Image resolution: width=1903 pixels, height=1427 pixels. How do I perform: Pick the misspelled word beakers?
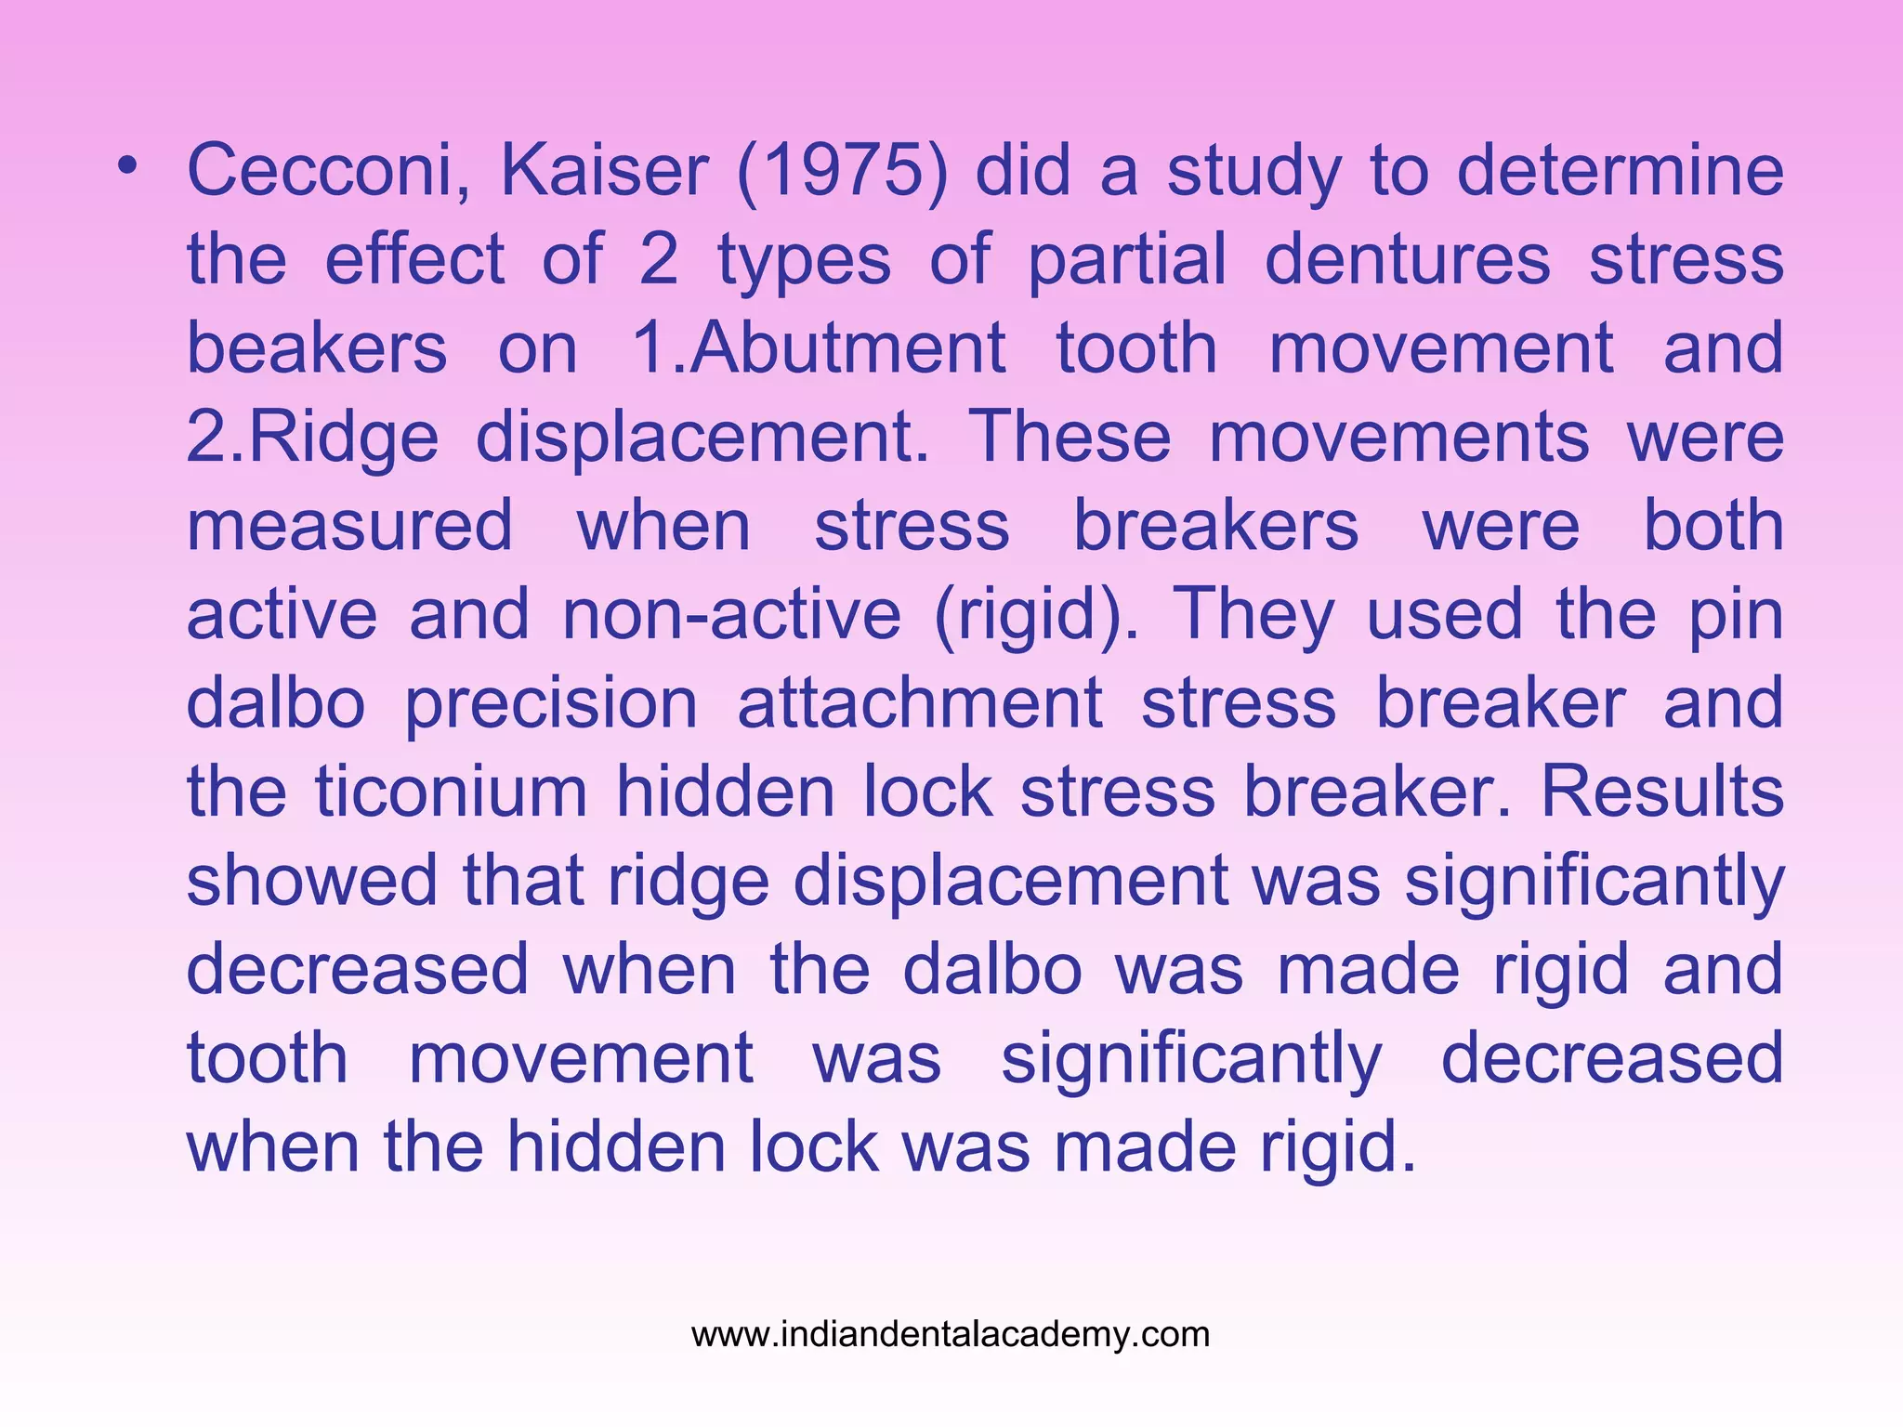click(317, 347)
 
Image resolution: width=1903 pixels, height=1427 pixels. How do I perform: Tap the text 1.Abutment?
click(818, 347)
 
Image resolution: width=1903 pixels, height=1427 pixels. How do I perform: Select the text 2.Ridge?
click(312, 437)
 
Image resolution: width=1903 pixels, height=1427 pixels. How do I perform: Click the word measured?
click(349, 525)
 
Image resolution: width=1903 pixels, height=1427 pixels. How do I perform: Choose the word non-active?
click(731, 614)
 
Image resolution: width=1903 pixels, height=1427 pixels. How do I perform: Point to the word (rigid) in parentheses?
click(1035, 614)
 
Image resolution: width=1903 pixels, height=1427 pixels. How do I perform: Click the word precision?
click(551, 703)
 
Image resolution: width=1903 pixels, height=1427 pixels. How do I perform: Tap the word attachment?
click(920, 703)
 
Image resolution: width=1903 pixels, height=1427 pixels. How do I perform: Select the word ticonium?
click(451, 792)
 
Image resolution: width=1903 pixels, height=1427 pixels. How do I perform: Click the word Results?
click(1662, 792)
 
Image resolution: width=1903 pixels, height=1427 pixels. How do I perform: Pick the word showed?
click(311, 881)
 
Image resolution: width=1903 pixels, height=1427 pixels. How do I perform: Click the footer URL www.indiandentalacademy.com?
click(951, 1334)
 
